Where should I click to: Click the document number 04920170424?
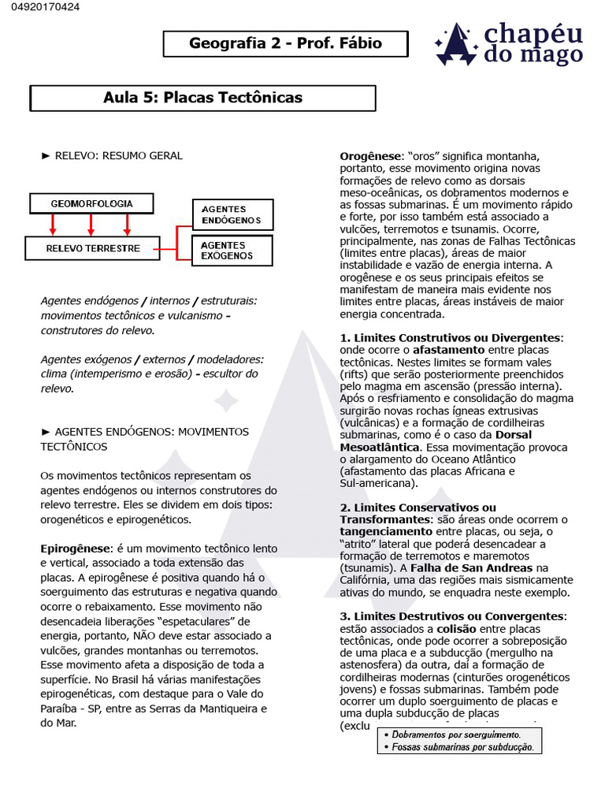click(x=40, y=8)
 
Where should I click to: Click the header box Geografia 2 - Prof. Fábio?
click(x=285, y=44)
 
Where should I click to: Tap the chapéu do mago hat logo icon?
click(x=457, y=45)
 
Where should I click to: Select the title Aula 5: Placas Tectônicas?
click(x=202, y=98)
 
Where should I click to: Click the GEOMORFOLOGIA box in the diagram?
click(x=91, y=203)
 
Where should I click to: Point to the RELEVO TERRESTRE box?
click(x=93, y=248)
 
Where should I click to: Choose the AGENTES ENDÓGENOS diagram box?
click(x=232, y=215)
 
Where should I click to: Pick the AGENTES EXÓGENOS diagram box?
click(x=232, y=251)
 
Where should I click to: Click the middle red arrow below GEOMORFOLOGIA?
click(x=91, y=225)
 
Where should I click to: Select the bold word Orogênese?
click(x=371, y=156)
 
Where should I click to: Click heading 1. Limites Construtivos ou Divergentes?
click(x=451, y=337)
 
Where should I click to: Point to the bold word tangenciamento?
click(x=387, y=532)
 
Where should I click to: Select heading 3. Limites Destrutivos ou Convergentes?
click(x=453, y=616)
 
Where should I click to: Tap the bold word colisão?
click(x=456, y=629)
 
